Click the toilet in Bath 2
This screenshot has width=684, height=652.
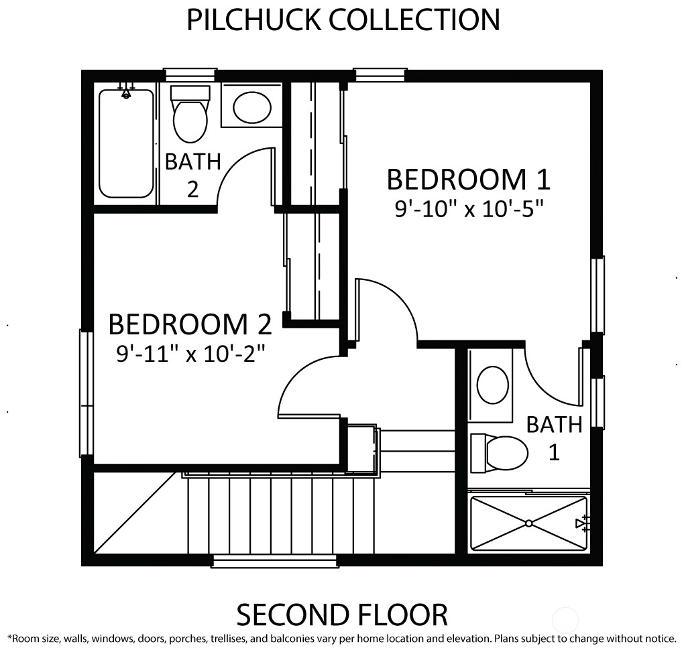coord(190,114)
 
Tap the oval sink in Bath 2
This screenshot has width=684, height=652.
coord(252,107)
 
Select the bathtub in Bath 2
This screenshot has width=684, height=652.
coord(127,143)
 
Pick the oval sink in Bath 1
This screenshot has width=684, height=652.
coord(493,386)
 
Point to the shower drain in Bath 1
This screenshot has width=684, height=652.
coord(528,523)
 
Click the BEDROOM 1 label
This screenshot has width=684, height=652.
coord(469,180)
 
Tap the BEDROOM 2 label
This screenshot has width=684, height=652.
coord(190,324)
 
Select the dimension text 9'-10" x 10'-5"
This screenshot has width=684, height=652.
coord(470,209)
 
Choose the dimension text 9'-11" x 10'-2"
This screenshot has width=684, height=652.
coord(191,353)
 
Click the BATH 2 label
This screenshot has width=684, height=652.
coord(193,175)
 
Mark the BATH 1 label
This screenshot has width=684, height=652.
coord(554,438)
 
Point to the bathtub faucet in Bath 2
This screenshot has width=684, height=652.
coord(127,91)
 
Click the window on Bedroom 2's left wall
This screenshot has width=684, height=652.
coord(86,393)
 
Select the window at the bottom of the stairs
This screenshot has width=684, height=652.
coord(275,561)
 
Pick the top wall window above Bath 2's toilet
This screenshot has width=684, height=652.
coord(190,74)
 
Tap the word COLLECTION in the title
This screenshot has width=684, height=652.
coord(414,19)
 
